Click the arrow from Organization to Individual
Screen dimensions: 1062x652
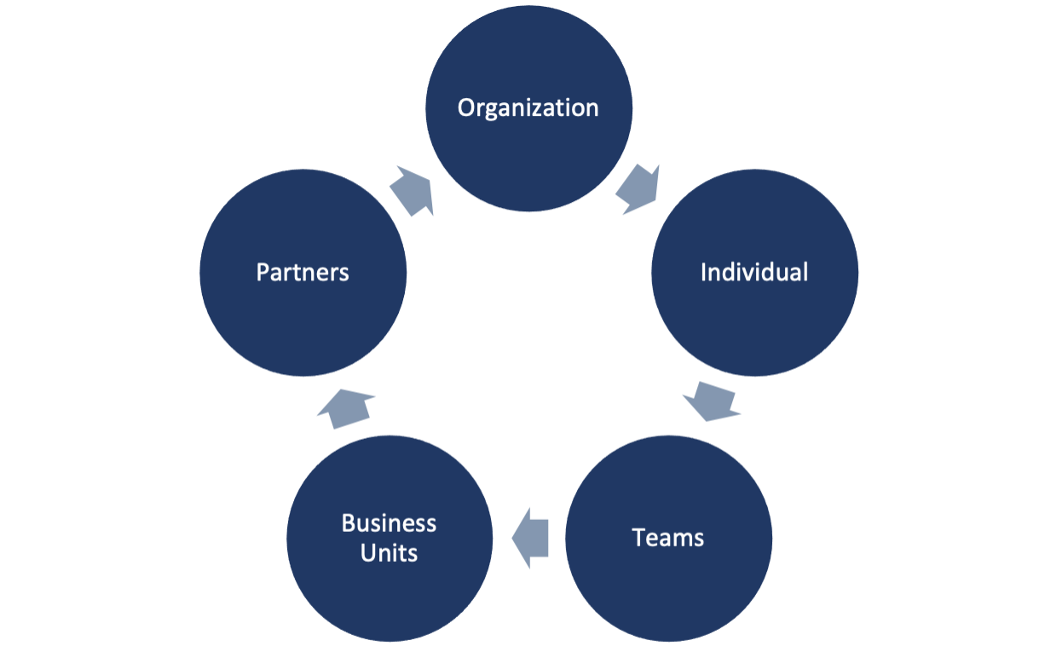click(638, 190)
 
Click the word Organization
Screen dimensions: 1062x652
click(528, 108)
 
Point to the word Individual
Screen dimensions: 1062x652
click(754, 272)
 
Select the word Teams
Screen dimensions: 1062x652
click(668, 538)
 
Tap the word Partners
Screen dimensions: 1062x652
click(303, 272)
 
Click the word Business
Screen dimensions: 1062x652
click(389, 522)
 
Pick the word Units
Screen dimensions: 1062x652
click(389, 553)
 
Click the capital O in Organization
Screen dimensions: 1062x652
click(466, 108)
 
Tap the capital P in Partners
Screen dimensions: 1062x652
click(262, 272)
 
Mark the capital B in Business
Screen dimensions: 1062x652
click(348, 522)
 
